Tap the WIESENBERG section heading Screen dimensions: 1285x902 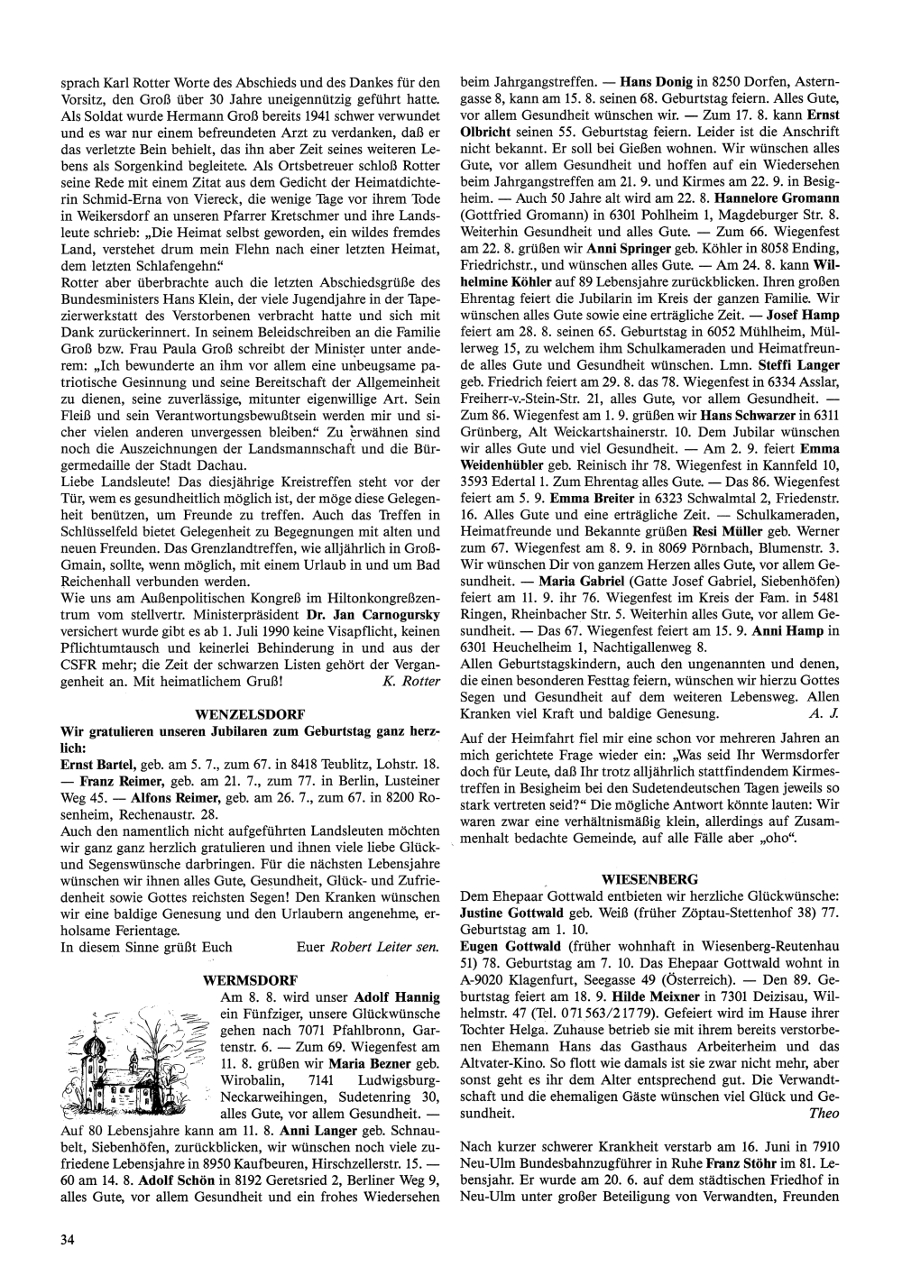[649, 877]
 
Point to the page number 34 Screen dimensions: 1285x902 [67, 1239]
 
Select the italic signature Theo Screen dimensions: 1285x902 [824, 1114]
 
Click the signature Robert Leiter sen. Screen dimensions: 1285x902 [385, 947]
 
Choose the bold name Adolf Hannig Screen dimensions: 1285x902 [398, 997]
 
